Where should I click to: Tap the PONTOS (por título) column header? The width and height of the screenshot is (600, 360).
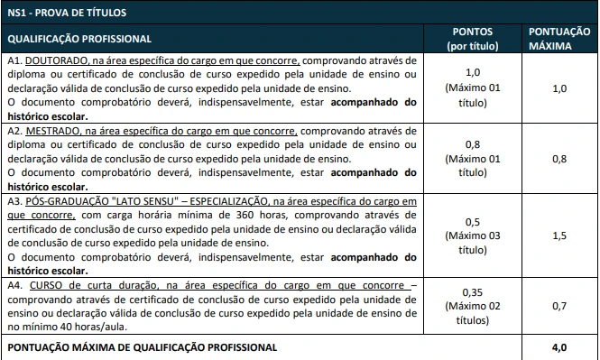coord(472,38)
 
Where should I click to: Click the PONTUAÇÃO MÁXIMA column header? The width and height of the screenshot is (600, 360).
coord(558,38)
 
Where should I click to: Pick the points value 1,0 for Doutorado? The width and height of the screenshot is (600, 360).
coord(472,72)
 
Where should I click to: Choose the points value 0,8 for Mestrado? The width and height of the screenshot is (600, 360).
coord(472,144)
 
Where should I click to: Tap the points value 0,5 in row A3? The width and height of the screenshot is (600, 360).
coord(472,221)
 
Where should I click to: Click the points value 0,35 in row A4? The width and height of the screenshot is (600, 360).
coord(472,292)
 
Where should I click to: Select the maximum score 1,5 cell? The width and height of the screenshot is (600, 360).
coord(558,235)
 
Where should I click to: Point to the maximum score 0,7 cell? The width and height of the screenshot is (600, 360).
coord(558,306)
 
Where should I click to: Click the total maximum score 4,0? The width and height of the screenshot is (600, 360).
coord(558,347)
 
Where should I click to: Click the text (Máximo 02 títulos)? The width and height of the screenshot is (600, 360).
coord(472,312)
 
